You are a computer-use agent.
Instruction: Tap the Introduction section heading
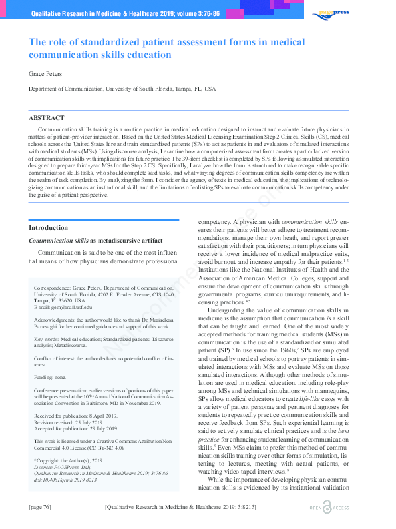(48, 228)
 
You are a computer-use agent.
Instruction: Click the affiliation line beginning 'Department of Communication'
(121, 88)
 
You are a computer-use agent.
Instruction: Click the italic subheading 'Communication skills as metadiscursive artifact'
(95, 239)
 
